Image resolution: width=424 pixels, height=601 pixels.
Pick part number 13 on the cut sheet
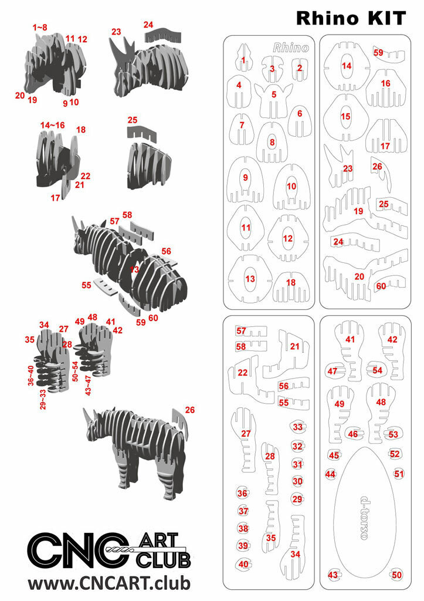(250, 279)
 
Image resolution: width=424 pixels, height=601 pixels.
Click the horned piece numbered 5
(273, 94)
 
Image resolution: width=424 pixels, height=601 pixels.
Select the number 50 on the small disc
(397, 575)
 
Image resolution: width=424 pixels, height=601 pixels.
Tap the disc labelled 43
(333, 575)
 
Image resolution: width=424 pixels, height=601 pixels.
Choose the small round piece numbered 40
(243, 564)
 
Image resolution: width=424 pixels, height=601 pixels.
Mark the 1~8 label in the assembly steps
(40, 28)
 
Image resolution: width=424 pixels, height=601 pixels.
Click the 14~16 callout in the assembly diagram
(53, 126)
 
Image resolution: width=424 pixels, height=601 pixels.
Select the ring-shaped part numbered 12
(287, 238)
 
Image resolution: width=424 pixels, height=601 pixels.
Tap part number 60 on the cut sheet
(381, 286)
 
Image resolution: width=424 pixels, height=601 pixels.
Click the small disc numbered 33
(298, 427)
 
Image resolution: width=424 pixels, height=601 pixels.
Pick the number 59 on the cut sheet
(378, 52)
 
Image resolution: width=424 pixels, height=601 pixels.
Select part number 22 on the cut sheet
(242, 373)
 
